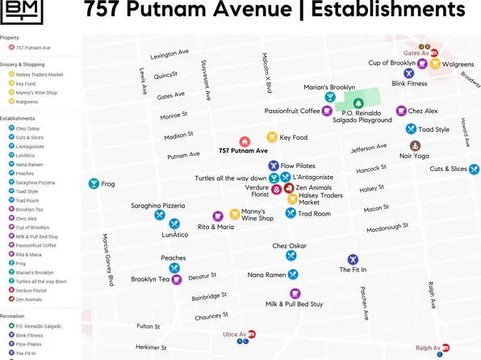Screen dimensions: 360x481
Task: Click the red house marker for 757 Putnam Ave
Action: [x=245, y=141]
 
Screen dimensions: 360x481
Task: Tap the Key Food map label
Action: [x=293, y=138]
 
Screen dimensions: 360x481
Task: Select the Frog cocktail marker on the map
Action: [x=94, y=184]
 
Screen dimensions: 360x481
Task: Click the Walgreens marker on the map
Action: [x=434, y=65]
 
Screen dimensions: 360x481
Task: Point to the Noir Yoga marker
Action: [x=415, y=146]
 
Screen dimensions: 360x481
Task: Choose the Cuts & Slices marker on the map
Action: [x=474, y=170]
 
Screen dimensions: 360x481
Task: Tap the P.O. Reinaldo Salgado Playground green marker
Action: [x=358, y=103]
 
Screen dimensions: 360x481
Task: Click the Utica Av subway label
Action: [x=234, y=333]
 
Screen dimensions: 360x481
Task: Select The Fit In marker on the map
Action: [x=353, y=259]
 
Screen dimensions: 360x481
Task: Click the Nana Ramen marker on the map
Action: [x=292, y=274]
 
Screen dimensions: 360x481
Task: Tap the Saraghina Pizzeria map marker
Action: [x=160, y=215]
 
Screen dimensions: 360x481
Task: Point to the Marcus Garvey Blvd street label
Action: [x=107, y=258]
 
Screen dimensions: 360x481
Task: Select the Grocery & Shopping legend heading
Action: [x=33, y=64]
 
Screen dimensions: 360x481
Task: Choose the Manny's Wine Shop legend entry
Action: [x=36, y=93]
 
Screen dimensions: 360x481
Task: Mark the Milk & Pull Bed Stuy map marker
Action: [x=294, y=293]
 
